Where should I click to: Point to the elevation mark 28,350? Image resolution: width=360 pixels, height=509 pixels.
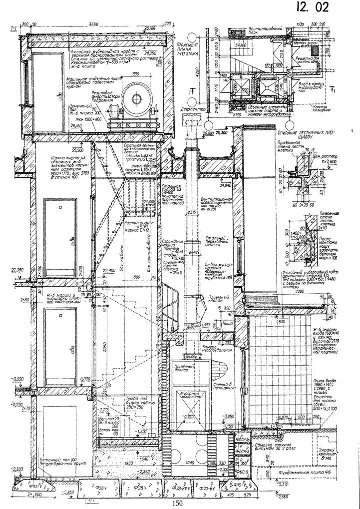(x=149, y=51)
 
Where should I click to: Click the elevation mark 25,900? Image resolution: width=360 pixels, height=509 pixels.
(x=77, y=149)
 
